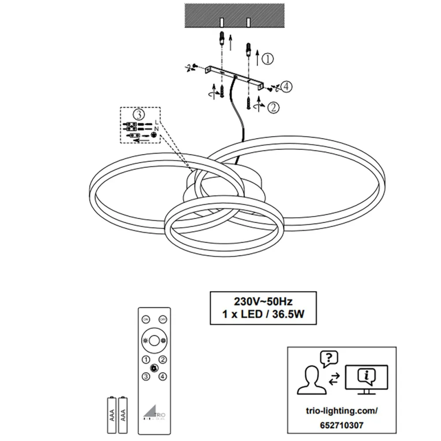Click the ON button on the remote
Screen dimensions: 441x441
[145, 319]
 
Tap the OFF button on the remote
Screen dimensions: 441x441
[163, 319]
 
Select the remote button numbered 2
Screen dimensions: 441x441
[163, 359]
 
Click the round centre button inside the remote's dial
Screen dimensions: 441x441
[154, 341]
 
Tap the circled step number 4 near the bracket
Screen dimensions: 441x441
[286, 87]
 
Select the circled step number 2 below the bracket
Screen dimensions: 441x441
[274, 106]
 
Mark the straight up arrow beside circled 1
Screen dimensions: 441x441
[258, 57]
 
